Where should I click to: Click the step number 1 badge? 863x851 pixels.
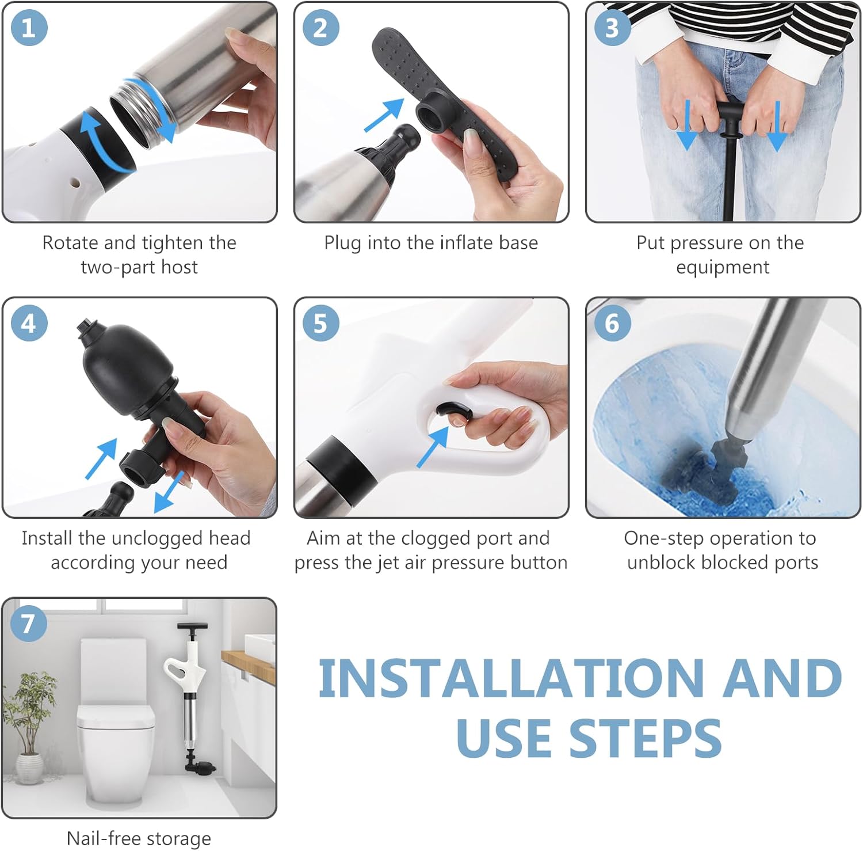coord(28,28)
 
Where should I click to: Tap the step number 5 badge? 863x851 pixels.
coord(320,323)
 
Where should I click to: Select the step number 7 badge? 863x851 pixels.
coord(28,623)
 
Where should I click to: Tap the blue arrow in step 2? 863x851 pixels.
coord(384,115)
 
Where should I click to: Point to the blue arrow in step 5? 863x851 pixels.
coord(433,446)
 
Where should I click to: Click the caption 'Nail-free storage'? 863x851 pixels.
coord(139,838)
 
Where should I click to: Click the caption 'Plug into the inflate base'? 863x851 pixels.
coord(431,243)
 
